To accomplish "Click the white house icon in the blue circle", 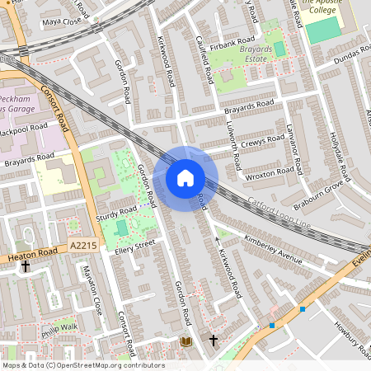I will (x=185, y=177).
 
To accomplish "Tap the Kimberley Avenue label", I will (x=274, y=249).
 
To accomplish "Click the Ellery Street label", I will (x=135, y=245).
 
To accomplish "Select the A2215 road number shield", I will (x=83, y=246).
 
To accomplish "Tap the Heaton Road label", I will (x=33, y=256).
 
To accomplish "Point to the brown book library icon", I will (x=185, y=340).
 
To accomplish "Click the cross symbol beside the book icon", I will (x=213, y=340).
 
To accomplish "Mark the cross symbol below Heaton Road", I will (x=26, y=267).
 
